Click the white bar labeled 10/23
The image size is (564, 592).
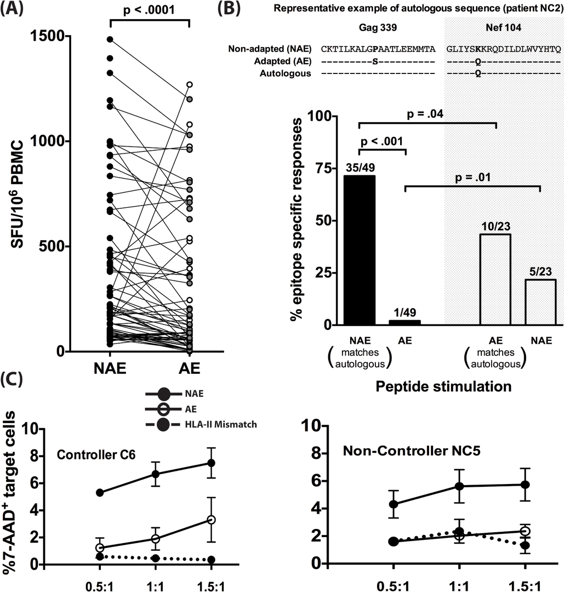(x=495, y=280)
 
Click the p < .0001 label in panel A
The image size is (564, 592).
(x=150, y=9)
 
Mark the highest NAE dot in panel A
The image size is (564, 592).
(x=111, y=39)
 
